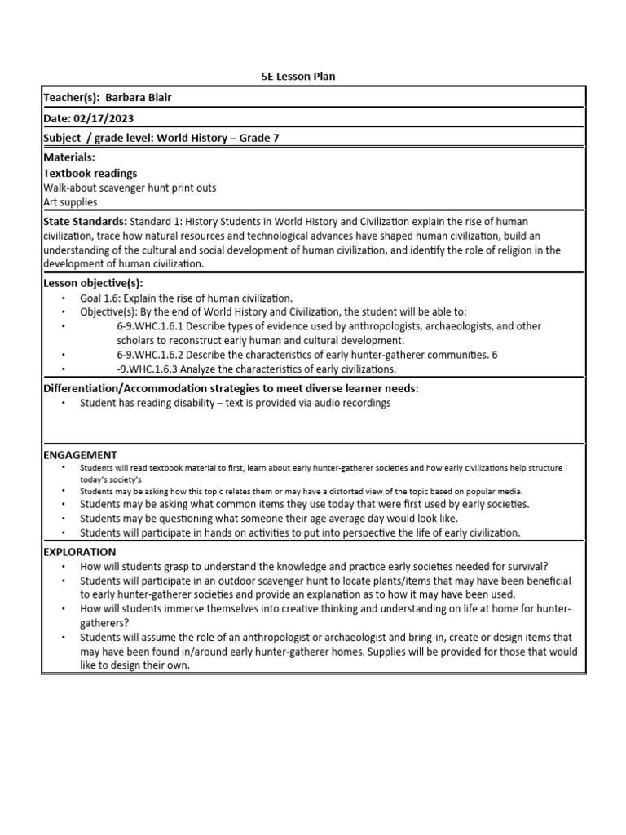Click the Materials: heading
click(68, 157)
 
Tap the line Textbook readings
click(90, 173)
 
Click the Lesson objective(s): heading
click(92, 283)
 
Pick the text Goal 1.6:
click(99, 298)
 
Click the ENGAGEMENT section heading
click(79, 454)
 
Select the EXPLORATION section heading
click(79, 552)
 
